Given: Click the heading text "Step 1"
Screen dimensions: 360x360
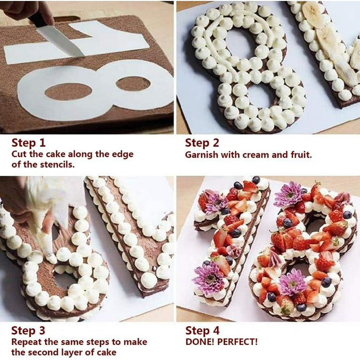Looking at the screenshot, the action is click(x=29, y=142).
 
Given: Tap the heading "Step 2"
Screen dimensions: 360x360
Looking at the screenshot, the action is click(x=202, y=142).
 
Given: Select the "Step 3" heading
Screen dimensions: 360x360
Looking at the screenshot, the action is click(x=28, y=330).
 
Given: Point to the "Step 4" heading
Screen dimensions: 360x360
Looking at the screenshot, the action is click(x=202, y=330).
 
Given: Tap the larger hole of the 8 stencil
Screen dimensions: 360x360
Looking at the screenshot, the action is click(x=68, y=91).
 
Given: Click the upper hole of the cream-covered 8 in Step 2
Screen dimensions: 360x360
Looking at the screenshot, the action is click(x=239, y=44).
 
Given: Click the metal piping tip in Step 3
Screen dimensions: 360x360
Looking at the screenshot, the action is click(x=49, y=255).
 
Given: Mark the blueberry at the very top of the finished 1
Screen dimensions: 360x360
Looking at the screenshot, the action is click(x=255, y=180).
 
